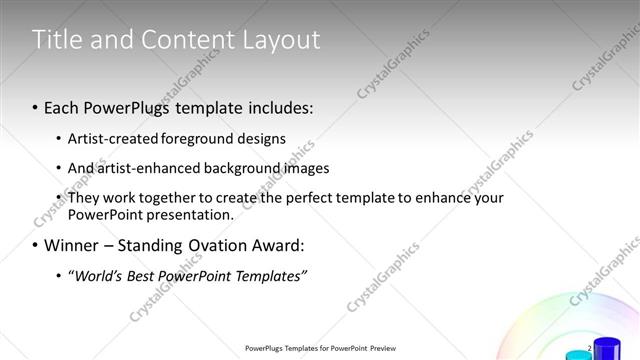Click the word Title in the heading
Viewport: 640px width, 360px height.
[x=57, y=40]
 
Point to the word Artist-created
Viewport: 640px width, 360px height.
[x=112, y=138]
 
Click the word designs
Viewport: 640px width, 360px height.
[x=264, y=138]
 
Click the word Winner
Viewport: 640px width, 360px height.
[x=73, y=245]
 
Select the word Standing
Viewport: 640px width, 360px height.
[x=163, y=245]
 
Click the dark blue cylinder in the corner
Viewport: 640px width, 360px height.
[x=607, y=349]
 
